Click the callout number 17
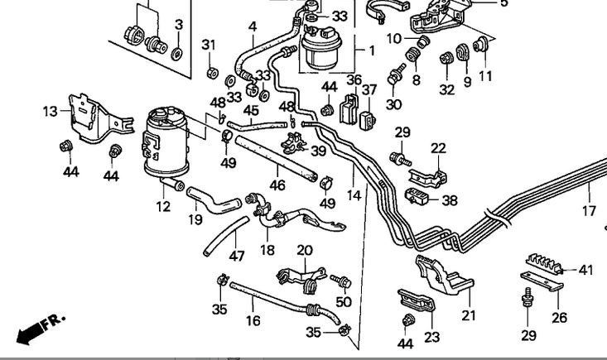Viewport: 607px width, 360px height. point(589,211)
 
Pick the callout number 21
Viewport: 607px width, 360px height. point(470,314)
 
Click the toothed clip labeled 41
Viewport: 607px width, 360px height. point(542,262)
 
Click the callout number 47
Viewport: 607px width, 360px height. point(237,256)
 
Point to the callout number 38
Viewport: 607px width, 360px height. point(450,199)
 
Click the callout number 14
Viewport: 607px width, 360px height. point(354,195)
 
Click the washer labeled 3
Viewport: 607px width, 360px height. point(177,52)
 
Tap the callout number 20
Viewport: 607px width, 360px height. point(304,250)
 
